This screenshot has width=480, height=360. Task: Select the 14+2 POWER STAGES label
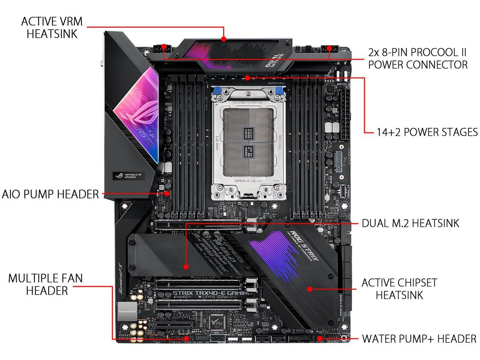click(427, 132)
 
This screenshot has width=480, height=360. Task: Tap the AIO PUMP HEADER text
click(50, 194)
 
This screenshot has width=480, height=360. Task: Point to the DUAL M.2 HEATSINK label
click(410, 223)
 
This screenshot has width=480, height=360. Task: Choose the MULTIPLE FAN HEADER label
click(45, 284)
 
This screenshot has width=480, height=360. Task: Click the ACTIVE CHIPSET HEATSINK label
click(399, 288)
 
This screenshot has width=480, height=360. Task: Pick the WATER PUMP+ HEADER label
click(419, 339)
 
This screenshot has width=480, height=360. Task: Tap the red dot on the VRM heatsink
click(223, 38)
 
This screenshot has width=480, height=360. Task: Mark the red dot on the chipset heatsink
click(309, 289)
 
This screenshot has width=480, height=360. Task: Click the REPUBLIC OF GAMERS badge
click(129, 175)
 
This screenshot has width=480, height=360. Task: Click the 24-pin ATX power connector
click(345, 112)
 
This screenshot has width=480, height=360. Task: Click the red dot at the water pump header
click(319, 339)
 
